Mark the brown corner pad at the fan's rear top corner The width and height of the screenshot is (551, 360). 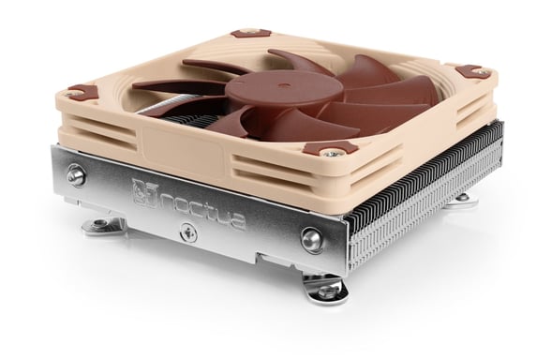click(250, 33)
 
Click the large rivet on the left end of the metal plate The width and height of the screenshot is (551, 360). click(76, 174)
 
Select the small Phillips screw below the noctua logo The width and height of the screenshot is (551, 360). click(188, 233)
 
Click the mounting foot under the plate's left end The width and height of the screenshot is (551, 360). click(103, 225)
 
